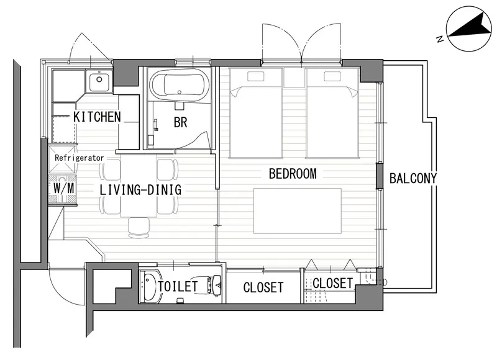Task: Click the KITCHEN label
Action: click(97, 117)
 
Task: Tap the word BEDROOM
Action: click(293, 174)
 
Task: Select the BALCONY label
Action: click(413, 179)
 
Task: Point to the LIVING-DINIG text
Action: click(140, 190)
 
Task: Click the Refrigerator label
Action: click(80, 158)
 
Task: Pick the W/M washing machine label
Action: click(64, 189)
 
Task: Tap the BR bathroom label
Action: click(180, 122)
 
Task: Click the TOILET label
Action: click(178, 287)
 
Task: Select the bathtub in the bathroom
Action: click(180, 84)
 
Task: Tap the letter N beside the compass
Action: click(439, 39)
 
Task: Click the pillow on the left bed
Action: click(255, 76)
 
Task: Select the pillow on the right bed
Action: click(332, 76)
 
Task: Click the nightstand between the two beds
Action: click(294, 78)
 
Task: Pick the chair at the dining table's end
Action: click(139, 227)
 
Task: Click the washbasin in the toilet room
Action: click(151, 286)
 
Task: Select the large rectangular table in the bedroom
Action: click(298, 211)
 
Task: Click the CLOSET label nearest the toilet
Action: click(263, 287)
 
